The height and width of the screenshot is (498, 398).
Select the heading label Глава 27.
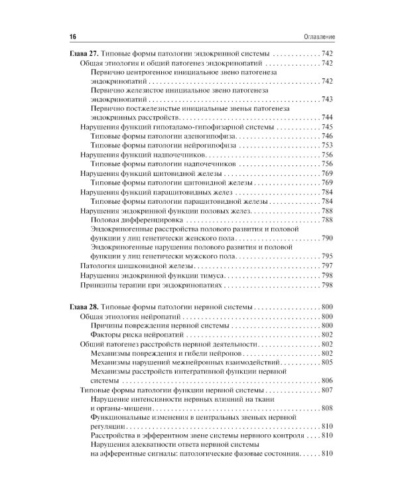[x=85, y=53]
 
